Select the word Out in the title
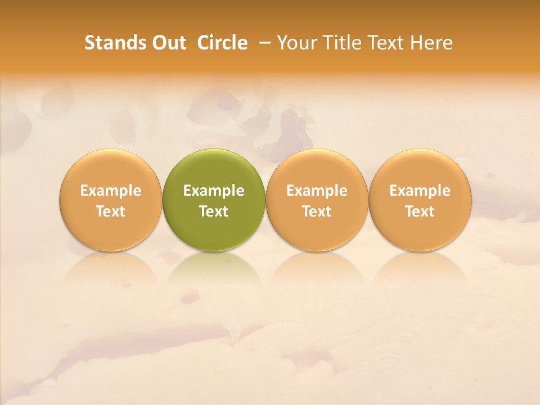click(x=168, y=43)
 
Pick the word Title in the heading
click(x=344, y=43)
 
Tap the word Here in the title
click(x=431, y=43)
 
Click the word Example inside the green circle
click(x=214, y=191)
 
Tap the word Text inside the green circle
click(x=214, y=211)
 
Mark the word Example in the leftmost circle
click(x=110, y=191)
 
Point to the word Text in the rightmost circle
click(x=420, y=211)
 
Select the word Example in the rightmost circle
click(x=420, y=191)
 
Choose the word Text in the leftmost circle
click(x=110, y=211)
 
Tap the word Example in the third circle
click(x=317, y=191)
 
